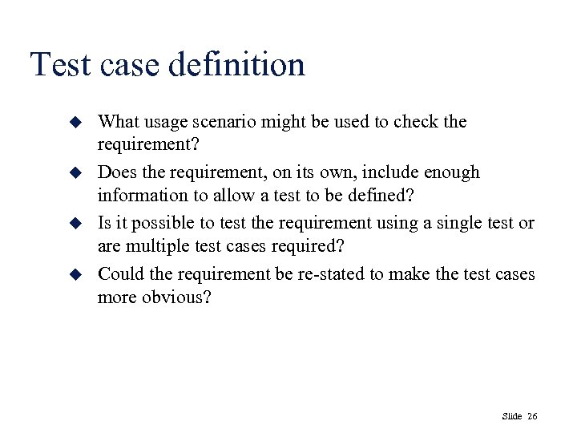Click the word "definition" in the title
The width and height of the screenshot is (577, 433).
[237, 65]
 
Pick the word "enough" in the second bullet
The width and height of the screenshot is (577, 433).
[451, 172]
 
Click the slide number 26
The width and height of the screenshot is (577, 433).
[533, 416]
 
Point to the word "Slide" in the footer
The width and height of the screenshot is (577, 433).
[511, 416]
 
